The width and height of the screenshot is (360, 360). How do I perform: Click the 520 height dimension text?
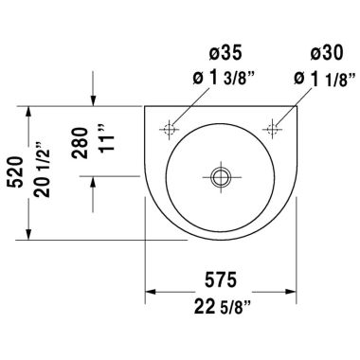(14, 171)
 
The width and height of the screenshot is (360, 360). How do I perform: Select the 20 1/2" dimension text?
(40, 171)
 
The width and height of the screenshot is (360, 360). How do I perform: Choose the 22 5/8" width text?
(223, 305)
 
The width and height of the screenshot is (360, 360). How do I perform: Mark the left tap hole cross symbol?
(171, 126)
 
